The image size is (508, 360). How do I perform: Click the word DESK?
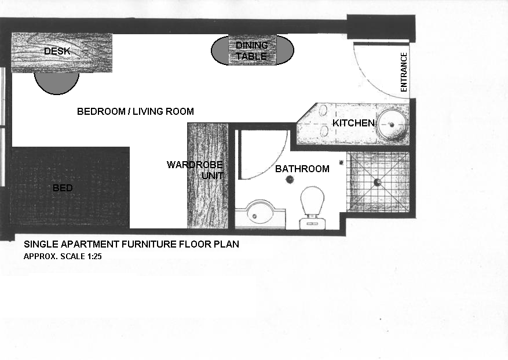(x=57, y=52)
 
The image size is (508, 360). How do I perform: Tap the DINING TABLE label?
(x=251, y=51)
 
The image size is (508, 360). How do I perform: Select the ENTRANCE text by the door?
(x=404, y=72)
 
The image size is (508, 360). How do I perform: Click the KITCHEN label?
(x=353, y=123)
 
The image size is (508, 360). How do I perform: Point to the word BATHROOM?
(x=302, y=169)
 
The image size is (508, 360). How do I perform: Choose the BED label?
(x=63, y=188)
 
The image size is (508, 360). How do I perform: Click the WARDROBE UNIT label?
(x=195, y=170)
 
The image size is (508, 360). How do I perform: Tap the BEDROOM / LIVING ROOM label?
(x=135, y=111)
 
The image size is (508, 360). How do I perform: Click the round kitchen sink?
(x=393, y=123)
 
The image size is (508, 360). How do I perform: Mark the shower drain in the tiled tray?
(x=377, y=182)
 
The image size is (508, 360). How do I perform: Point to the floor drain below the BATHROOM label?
(x=289, y=180)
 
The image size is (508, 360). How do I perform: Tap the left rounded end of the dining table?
(x=221, y=51)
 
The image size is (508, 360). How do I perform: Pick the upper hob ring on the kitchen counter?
(x=323, y=111)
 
